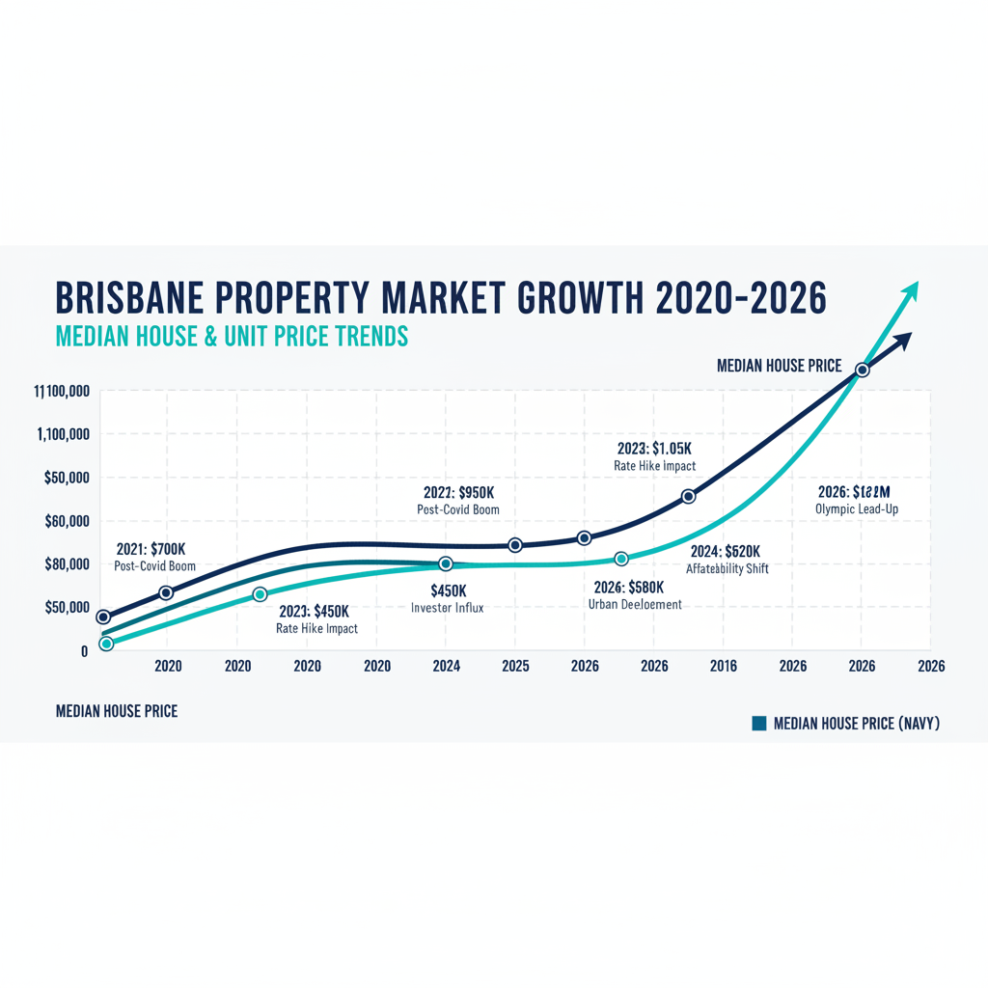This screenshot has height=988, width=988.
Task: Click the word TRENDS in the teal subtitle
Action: (x=370, y=336)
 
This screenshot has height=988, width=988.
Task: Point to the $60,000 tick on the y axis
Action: (x=67, y=521)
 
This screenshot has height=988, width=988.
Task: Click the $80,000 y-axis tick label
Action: (x=67, y=563)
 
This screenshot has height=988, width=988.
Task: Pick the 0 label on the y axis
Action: (x=84, y=651)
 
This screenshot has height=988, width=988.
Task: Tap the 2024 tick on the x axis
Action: (x=446, y=666)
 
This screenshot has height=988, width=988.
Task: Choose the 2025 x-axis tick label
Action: (x=515, y=666)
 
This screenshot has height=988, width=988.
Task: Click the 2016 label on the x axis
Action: (x=723, y=666)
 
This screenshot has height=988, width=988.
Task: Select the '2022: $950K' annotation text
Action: (x=458, y=493)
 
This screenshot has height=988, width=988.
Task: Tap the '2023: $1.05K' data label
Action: (x=654, y=449)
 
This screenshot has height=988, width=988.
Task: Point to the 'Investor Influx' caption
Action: (x=447, y=608)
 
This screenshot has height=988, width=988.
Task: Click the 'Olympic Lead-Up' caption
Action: (x=858, y=508)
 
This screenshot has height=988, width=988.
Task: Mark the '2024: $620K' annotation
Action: (x=726, y=552)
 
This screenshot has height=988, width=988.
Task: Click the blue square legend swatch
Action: (x=758, y=723)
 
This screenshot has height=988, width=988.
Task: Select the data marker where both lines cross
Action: (x=863, y=370)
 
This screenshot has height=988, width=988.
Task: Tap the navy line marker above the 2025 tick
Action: (x=515, y=545)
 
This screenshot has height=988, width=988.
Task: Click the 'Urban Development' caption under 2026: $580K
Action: (x=635, y=604)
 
